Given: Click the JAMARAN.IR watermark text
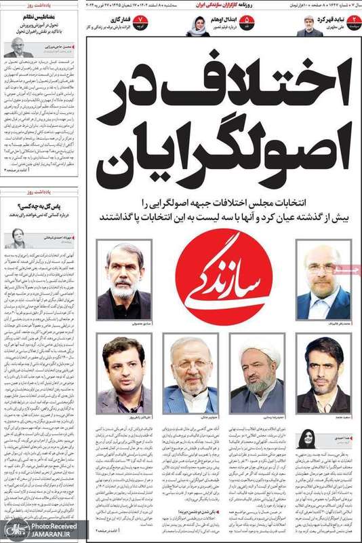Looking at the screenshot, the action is point(49,534).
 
